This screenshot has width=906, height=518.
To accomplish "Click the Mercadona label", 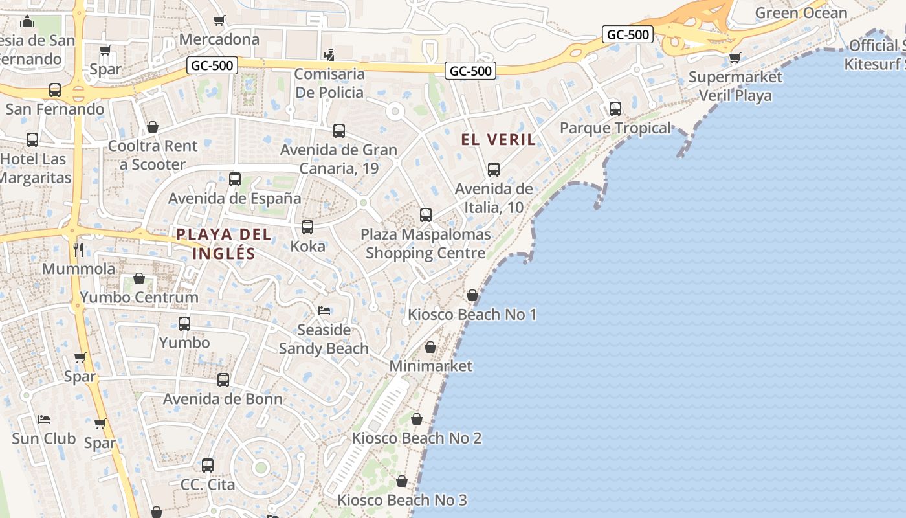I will tap(219, 39).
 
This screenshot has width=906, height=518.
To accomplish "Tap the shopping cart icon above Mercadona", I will tap(219, 21).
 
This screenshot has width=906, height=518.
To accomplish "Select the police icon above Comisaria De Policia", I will tap(329, 54).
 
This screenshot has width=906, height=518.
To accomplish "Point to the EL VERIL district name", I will tap(498, 139).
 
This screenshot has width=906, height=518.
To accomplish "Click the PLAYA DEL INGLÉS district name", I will tap(224, 243).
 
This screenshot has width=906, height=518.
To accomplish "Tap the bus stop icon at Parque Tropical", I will tap(615, 109).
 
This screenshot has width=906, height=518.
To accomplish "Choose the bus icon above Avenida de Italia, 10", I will tap(494, 170).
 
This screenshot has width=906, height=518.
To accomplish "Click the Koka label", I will tap(307, 246).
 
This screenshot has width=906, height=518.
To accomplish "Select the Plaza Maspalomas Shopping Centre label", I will tap(425, 243).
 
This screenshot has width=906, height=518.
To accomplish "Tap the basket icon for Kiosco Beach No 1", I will tap(472, 295).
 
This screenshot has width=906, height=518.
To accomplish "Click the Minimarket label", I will tap(430, 366).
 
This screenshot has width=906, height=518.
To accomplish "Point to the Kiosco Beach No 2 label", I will tap(416, 438).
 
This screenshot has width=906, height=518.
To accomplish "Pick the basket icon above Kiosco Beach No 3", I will tap(402, 482).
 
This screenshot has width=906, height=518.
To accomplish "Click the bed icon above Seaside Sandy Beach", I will tap(324, 311).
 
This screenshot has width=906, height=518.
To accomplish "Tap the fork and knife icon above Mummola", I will tap(78, 250).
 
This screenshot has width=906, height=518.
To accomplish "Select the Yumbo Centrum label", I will tap(138, 297).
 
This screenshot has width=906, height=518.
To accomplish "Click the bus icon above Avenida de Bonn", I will tap(223, 380).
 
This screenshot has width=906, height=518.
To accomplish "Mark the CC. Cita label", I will tap(207, 484).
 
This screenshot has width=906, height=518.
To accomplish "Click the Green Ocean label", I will tap(801, 13).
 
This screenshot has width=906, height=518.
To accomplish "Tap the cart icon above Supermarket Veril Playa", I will tap(735, 58).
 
